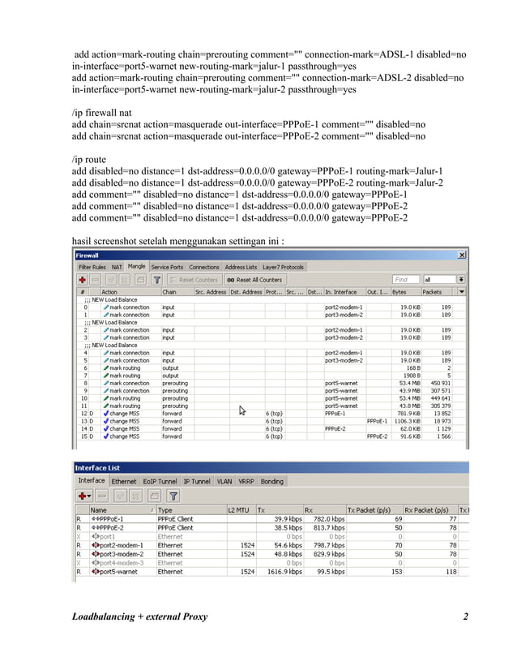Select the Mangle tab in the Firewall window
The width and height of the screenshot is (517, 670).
click(136, 267)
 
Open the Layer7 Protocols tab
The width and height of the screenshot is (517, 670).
click(282, 267)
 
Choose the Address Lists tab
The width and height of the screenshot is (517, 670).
click(241, 267)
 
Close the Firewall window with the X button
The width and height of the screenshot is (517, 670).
click(462, 255)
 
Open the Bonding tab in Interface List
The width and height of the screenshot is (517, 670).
click(272, 481)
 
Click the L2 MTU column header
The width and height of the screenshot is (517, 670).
click(240, 509)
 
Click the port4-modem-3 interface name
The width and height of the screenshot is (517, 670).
click(118, 562)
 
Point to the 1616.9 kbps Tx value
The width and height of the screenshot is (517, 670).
click(286, 572)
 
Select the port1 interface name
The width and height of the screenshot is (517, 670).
click(106, 536)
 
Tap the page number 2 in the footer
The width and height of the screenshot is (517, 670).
click(465, 617)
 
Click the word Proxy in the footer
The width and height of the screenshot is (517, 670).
click(190, 617)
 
